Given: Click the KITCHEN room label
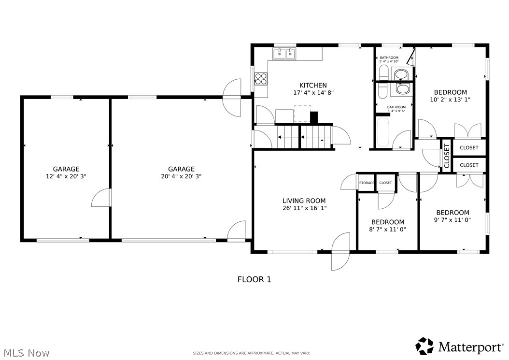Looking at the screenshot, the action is [x=313, y=86].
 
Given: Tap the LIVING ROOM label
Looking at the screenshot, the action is [x=304, y=201].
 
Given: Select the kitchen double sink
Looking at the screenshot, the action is [x=284, y=53].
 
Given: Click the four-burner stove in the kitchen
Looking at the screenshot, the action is [x=261, y=78].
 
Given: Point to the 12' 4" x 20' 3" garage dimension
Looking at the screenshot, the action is [x=66, y=176].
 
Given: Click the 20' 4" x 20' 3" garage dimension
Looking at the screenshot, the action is [x=181, y=176].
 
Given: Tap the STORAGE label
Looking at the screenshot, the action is [x=367, y=183].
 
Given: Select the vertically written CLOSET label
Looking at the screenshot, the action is [x=447, y=156].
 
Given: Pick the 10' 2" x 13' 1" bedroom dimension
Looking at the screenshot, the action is [x=450, y=100].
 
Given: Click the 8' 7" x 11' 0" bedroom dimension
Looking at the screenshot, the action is [x=388, y=230].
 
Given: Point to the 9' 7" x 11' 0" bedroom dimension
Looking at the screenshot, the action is [x=452, y=220].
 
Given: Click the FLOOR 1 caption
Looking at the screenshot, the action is [x=254, y=279].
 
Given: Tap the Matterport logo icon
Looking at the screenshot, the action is [x=425, y=346].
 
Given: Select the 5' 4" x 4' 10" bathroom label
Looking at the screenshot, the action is [x=389, y=59].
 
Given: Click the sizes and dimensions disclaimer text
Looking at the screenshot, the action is [x=252, y=353].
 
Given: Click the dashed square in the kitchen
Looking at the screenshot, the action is [x=302, y=114].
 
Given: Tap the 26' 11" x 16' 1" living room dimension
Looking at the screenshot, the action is [x=305, y=208].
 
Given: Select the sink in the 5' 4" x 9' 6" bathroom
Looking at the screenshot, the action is [x=403, y=89].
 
